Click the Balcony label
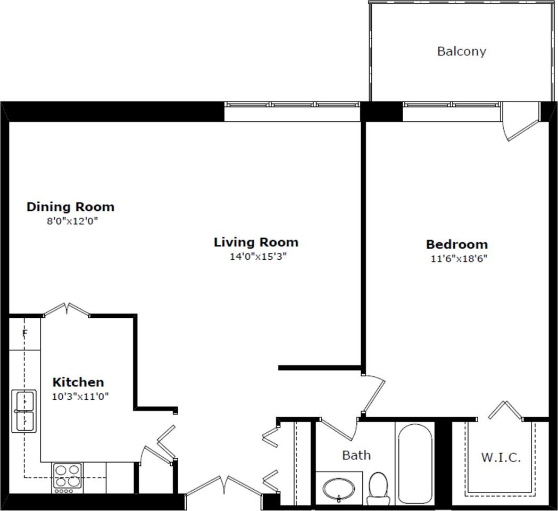click(x=462, y=51)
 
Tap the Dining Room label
click(x=70, y=207)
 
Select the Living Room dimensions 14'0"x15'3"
click(x=258, y=257)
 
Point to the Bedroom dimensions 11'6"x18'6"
click(x=459, y=259)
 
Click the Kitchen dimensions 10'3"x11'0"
click(x=80, y=397)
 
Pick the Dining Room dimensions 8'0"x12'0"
click(x=72, y=221)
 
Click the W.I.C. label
click(x=501, y=458)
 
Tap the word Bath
click(x=356, y=455)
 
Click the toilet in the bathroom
click(x=378, y=488)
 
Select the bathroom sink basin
click(x=339, y=490)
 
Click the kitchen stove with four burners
click(x=68, y=478)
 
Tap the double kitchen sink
click(x=24, y=411)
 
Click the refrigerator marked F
click(x=24, y=333)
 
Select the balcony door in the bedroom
click(x=520, y=121)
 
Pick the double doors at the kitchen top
click(x=66, y=309)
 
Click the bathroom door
click(x=338, y=430)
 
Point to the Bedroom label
click(x=457, y=244)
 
